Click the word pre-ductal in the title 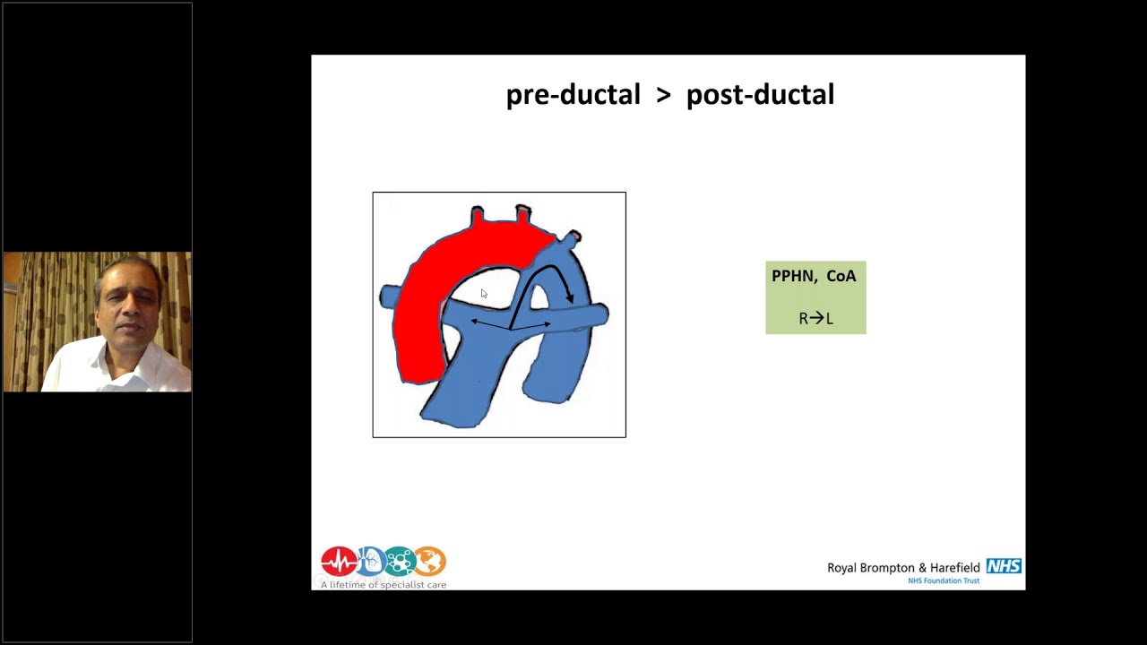coord(573,95)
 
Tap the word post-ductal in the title coord(760,95)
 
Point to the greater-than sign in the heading coord(663,96)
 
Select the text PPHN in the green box coord(792,276)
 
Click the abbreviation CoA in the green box coord(841,276)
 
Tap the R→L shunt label coord(815,318)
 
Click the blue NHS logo coord(1004,566)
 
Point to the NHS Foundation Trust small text coord(944,580)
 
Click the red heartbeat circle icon coord(338,562)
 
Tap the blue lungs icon coord(370,562)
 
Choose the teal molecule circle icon coord(400,562)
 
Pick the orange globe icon coord(430,562)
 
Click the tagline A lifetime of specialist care coord(384,585)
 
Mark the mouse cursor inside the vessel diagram coord(484,294)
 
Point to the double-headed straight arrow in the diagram coord(511,323)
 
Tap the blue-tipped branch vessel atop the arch coord(570,238)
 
